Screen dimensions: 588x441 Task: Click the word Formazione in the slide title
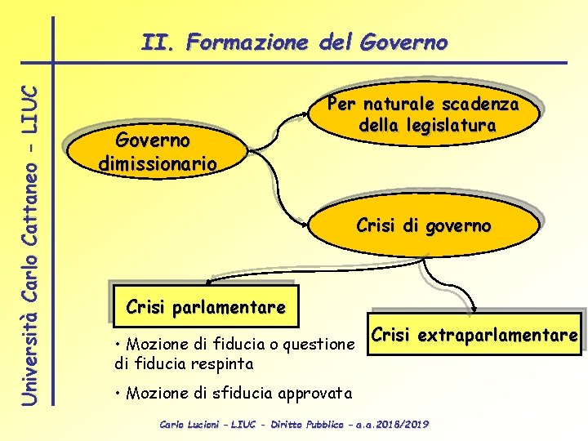[247, 42]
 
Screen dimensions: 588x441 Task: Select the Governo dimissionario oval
[157, 151]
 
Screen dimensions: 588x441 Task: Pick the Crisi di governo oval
[423, 225]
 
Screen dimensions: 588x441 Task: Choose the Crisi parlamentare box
[205, 308]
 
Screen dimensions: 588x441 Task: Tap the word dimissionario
[157, 163]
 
